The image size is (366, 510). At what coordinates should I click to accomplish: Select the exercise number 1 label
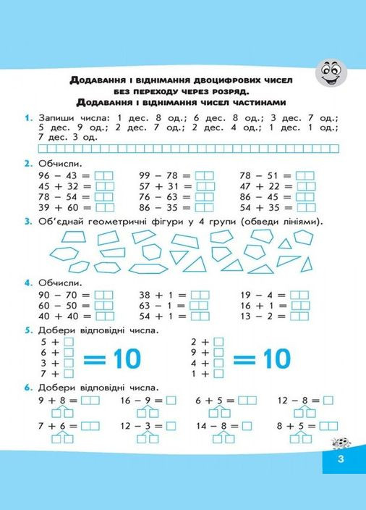(x=26, y=117)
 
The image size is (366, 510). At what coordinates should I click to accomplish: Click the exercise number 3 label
(x=26, y=221)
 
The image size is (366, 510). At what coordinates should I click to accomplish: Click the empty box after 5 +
(x=69, y=341)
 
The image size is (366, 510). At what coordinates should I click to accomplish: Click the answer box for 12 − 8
(x=328, y=399)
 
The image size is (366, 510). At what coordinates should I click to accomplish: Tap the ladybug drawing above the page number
(x=336, y=441)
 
